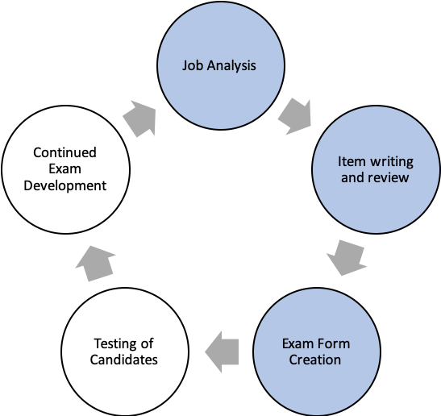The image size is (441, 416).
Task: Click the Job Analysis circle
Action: [221, 65]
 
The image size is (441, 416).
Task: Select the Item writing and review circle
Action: [377, 169]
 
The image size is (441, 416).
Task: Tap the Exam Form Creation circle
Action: [317, 352]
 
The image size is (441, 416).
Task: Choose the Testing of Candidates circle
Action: [125, 352]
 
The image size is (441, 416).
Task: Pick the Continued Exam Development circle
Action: [65, 169]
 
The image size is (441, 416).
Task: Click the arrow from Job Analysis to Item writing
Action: [295, 116]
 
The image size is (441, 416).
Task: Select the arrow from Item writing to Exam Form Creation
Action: [347, 258]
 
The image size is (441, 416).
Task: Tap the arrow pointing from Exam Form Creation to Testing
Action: [222, 352]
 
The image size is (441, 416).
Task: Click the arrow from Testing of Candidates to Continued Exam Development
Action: [96, 264]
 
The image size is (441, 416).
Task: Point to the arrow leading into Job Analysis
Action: [139, 119]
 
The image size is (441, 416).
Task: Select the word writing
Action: [392, 162]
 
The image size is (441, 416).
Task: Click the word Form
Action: [335, 343]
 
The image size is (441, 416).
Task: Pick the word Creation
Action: [315, 360]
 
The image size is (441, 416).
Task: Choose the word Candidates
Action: [123, 360]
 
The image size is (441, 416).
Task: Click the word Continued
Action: [64, 152]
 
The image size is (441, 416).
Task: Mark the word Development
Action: [65, 186]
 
